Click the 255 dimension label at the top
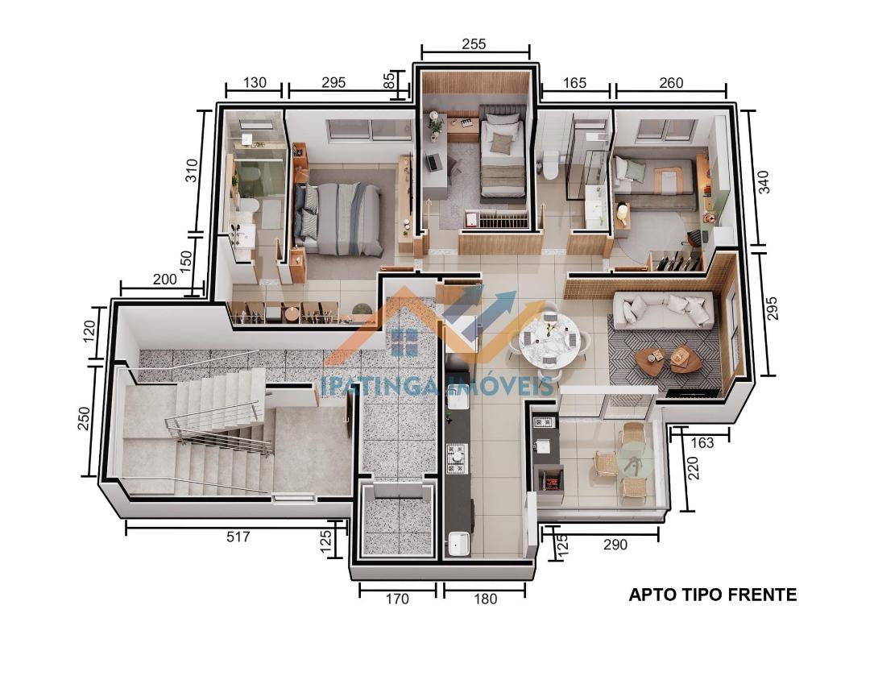point(474,44)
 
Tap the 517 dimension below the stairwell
point(238,537)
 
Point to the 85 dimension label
point(390,81)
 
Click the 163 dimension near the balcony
point(702,442)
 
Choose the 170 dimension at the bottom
point(397,599)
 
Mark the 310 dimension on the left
point(191,171)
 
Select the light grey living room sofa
point(663,309)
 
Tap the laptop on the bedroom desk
point(432,162)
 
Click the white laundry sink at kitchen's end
point(459,544)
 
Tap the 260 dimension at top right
point(670,83)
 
